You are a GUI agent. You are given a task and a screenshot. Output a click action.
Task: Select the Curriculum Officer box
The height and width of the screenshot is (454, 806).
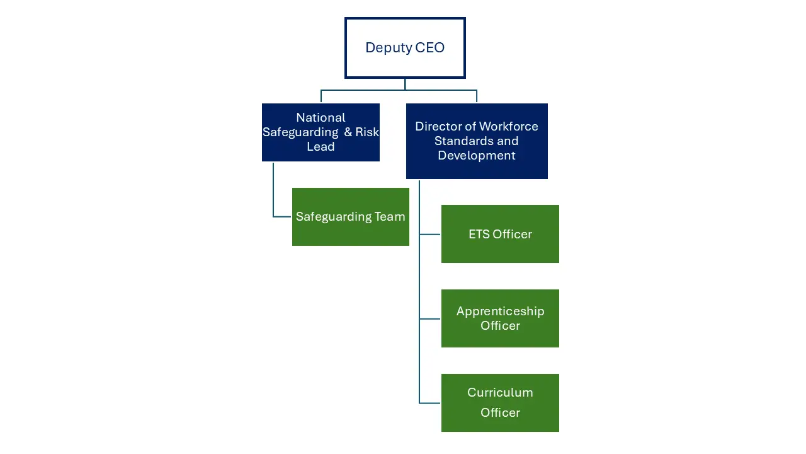click(500, 402)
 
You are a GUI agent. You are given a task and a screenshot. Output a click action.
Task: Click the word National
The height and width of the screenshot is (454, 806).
click(321, 118)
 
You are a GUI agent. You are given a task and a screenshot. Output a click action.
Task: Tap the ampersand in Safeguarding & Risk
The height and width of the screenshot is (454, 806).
click(348, 132)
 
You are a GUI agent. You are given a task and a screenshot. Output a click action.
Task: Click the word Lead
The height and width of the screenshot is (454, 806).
click(321, 147)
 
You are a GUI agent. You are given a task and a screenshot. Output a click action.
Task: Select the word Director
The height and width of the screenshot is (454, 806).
click(436, 127)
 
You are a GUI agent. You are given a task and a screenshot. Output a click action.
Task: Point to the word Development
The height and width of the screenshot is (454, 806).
click(477, 156)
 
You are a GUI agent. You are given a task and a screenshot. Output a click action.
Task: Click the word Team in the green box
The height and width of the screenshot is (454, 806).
click(390, 217)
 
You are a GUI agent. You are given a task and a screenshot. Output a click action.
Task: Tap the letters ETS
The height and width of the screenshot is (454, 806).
click(479, 235)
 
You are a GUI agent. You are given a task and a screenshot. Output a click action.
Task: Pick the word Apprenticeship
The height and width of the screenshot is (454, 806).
click(500, 311)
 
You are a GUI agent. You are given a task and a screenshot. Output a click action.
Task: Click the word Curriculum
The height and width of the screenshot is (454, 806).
click(500, 393)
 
